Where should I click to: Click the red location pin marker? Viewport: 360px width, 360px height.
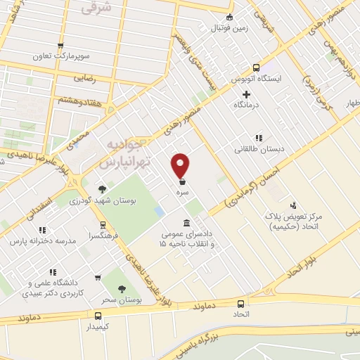click(x=181, y=166)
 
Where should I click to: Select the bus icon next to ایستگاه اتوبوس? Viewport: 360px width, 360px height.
click(x=256, y=67)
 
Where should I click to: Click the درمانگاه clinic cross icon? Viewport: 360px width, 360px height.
click(x=245, y=94)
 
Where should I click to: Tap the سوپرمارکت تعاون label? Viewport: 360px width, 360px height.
click(x=60, y=56)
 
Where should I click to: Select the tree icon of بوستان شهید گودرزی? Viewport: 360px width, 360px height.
click(x=103, y=189)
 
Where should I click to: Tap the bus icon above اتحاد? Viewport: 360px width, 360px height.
click(x=241, y=304)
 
